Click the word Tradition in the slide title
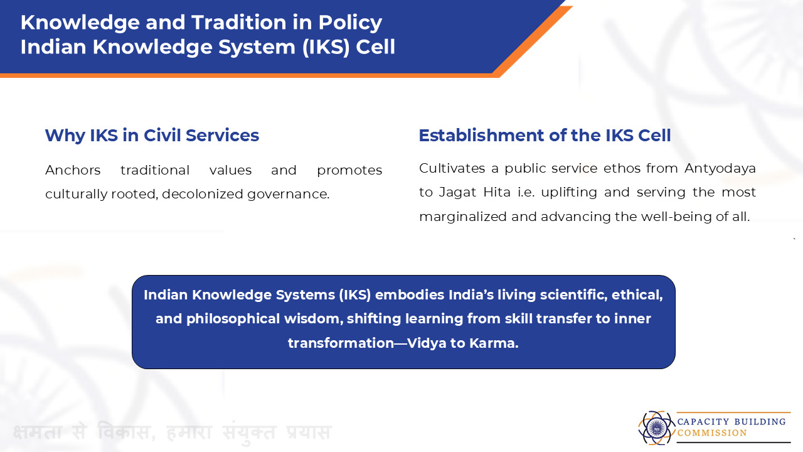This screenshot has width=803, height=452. [240, 22]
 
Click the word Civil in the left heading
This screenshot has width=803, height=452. [162, 135]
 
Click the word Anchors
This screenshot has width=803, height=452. [73, 170]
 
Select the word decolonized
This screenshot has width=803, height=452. [202, 194]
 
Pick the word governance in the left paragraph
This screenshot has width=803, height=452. [288, 195]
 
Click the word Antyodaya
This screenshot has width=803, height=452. [720, 169]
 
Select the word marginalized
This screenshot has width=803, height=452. [463, 217]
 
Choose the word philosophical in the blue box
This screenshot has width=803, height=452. [233, 319]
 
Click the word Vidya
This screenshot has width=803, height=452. [427, 343]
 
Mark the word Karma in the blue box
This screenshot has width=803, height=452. [494, 343]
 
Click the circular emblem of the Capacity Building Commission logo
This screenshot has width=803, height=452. [656, 428]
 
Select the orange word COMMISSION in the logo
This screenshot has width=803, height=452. [712, 433]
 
